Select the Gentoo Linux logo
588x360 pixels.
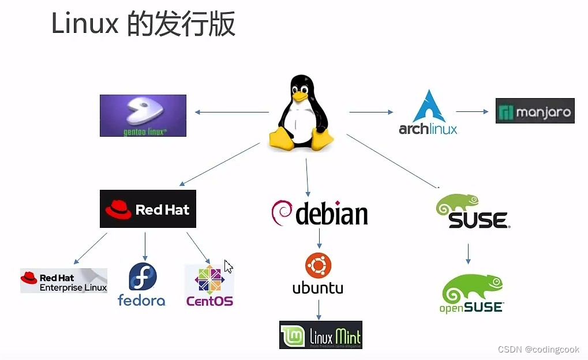point(143,115)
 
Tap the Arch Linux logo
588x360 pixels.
point(428,112)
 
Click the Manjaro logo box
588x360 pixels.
point(535,111)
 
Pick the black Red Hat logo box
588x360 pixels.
point(148,209)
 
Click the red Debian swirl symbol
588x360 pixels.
point(282,213)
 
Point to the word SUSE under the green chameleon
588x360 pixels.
point(478,220)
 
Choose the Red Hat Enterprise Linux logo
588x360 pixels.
point(63,280)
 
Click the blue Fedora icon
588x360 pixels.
point(143,277)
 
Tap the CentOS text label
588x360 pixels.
point(209,301)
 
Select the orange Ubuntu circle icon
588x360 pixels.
point(317,265)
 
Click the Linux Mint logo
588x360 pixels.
point(321,335)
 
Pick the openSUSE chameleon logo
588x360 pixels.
point(471,292)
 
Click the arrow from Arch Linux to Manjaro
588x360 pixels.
point(473,112)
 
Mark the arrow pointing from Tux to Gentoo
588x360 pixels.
point(231,112)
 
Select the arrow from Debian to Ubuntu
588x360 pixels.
point(318,238)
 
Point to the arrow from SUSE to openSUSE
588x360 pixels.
point(468,253)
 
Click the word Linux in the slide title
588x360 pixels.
point(85,24)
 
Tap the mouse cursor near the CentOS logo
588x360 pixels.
point(229,267)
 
